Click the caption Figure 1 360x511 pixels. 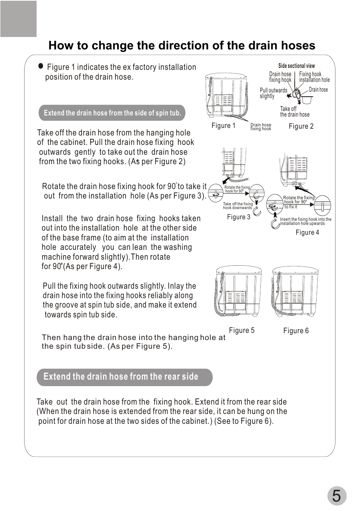[x=223, y=126]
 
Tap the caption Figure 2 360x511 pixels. [x=301, y=126]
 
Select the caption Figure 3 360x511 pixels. [x=238, y=217]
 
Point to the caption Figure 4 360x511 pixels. [x=307, y=232]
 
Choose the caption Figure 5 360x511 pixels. [x=242, y=331]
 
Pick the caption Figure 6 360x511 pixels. [x=296, y=331]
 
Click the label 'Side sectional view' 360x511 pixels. [x=296, y=66]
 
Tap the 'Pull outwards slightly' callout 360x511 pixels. [x=273, y=93]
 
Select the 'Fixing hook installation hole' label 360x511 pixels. [x=314, y=77]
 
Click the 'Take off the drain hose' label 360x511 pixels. [x=294, y=112]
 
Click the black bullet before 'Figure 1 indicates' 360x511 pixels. [x=41, y=66]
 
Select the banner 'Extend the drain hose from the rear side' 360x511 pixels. [x=125, y=377]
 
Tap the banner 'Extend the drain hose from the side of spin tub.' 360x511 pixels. [x=112, y=113]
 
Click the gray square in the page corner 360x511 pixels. [x=18, y=19]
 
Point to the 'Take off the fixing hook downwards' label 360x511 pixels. [x=238, y=206]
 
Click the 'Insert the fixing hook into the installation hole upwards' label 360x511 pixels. [x=305, y=221]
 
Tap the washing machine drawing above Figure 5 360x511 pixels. [x=238, y=291]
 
